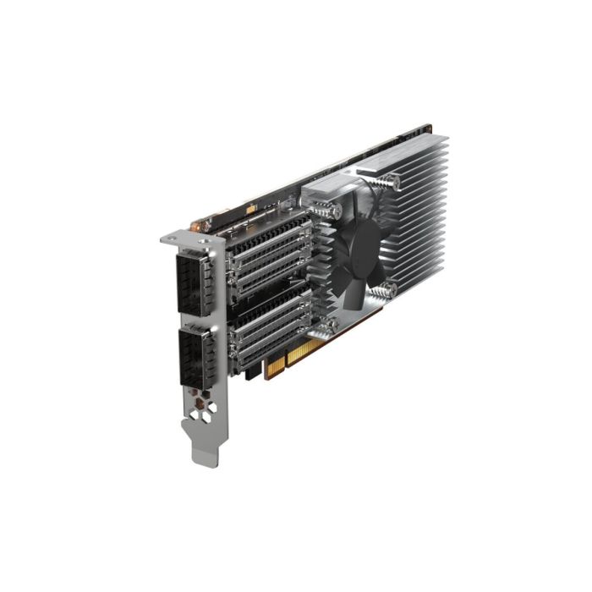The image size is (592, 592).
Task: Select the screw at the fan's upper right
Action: (x=392, y=180)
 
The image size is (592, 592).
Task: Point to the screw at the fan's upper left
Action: (x=336, y=208)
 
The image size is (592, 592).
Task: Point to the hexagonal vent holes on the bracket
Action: (x=206, y=412)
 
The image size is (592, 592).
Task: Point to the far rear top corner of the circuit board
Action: (x=432, y=128)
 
